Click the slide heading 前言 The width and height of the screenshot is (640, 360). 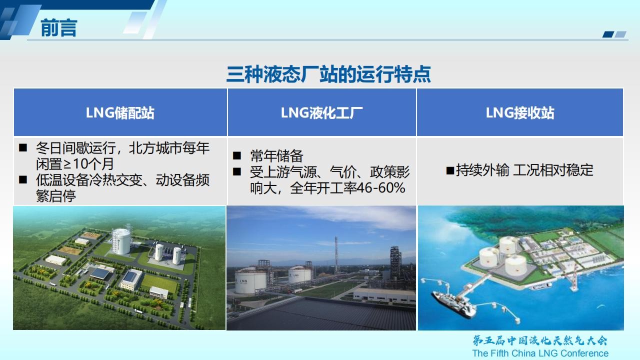pos(59,28)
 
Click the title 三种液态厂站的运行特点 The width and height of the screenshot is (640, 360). pos(328,74)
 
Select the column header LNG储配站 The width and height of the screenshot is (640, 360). pos(120,113)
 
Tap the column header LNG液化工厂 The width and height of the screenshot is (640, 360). pos(321,113)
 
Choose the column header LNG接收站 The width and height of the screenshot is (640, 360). pos(520,113)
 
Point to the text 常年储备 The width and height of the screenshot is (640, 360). pos(276,156)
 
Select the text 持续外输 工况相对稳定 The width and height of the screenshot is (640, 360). pos(524,170)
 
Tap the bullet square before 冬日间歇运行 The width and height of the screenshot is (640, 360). pos(23,147)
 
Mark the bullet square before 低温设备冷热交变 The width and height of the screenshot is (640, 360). pos(23,179)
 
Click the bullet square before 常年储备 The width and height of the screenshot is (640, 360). pos(237,155)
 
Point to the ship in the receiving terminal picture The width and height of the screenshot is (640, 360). pos(454,305)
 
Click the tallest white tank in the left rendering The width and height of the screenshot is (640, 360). pos(121,241)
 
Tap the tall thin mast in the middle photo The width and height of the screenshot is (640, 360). pos(336,255)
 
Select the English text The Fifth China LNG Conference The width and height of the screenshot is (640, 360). pos(540,353)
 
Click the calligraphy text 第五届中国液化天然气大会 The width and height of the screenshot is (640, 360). pos(539,340)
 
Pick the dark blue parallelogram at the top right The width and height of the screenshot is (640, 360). pos(608,34)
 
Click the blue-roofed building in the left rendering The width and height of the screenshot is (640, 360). pos(100,274)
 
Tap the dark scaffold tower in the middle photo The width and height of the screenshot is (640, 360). pos(395,262)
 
